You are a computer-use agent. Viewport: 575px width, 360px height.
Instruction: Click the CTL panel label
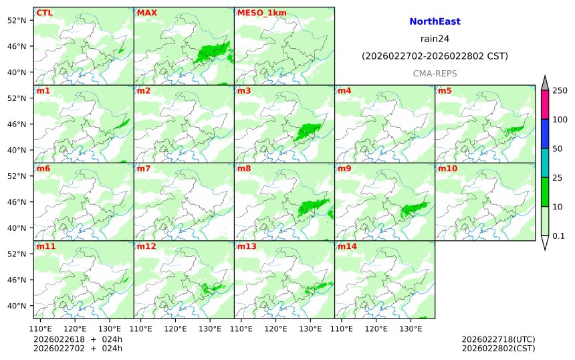point(45,13)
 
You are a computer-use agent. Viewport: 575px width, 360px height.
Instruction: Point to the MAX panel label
point(146,13)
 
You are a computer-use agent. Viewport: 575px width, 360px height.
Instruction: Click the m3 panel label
point(244,91)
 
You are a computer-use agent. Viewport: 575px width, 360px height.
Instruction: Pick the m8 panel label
point(244,169)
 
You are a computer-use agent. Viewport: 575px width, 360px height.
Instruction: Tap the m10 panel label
point(447,169)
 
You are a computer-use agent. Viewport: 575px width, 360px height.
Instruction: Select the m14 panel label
point(347,247)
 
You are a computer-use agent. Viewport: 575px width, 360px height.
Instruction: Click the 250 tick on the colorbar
point(559,90)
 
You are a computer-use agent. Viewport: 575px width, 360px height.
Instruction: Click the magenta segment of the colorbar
point(545,104)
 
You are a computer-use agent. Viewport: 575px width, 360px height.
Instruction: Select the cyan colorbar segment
point(545,163)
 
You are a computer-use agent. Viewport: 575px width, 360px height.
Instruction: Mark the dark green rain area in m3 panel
point(308,130)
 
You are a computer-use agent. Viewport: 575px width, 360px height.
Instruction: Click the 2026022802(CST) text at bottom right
point(498,348)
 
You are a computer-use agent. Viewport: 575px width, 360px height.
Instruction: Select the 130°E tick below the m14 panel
point(411,329)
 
